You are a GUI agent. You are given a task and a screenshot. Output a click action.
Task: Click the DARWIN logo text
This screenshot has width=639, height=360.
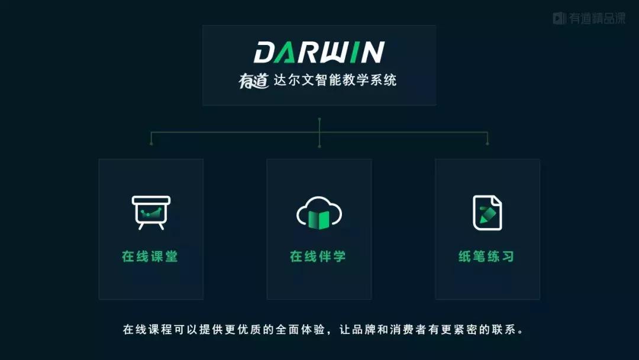[x=319, y=52]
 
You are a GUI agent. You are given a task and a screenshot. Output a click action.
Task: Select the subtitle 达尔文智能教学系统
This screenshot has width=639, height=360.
[x=335, y=80]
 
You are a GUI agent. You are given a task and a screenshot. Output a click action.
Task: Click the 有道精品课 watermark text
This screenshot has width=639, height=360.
[x=596, y=18]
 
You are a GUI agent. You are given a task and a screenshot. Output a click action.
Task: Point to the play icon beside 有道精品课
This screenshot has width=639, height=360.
[x=559, y=18]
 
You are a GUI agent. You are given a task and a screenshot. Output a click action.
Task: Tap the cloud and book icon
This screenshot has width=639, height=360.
[x=319, y=214]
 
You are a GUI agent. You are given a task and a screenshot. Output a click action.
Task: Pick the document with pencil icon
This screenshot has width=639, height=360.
[x=487, y=212]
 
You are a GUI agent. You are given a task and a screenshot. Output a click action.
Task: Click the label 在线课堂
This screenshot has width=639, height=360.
[x=150, y=256]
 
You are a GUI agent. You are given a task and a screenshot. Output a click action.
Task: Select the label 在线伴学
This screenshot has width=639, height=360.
[x=318, y=256]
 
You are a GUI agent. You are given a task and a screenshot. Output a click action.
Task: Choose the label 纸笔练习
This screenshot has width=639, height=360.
[x=486, y=256]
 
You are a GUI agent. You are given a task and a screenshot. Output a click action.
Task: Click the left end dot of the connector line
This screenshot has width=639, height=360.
[x=151, y=143]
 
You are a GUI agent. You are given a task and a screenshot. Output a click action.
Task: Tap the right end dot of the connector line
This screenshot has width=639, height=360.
[x=487, y=143]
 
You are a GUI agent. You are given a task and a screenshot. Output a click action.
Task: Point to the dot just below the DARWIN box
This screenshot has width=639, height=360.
[x=319, y=119]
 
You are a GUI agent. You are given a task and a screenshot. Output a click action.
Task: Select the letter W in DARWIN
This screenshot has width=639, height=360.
[x=344, y=52]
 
